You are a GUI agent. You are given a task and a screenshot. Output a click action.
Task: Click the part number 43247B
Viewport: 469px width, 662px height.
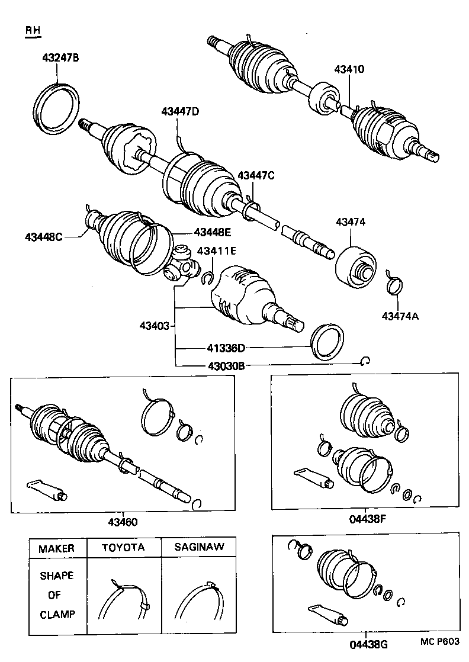pyautogui.click(x=60, y=58)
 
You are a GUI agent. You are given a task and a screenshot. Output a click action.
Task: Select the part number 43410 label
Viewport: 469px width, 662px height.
pyautogui.click(x=348, y=69)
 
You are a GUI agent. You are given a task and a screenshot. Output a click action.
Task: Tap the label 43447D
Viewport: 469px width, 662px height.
pyautogui.click(x=180, y=111)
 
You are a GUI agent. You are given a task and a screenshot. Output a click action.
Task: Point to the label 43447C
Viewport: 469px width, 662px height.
pyautogui.click(x=256, y=175)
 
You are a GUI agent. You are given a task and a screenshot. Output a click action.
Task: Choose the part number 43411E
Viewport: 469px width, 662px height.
pyautogui.click(x=217, y=250)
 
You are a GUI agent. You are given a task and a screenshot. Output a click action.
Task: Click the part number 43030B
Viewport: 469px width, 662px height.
pyautogui.click(x=226, y=366)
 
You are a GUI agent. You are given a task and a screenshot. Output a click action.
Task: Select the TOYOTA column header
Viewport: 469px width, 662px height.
pyautogui.click(x=123, y=548)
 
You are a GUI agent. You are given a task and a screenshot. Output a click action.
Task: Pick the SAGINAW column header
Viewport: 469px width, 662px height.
pyautogui.click(x=199, y=548)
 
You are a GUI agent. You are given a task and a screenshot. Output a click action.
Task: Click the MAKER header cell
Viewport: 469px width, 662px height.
pyautogui.click(x=57, y=548)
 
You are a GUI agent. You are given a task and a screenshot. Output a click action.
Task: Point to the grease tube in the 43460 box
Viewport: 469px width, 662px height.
pyautogui.click(x=47, y=489)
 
